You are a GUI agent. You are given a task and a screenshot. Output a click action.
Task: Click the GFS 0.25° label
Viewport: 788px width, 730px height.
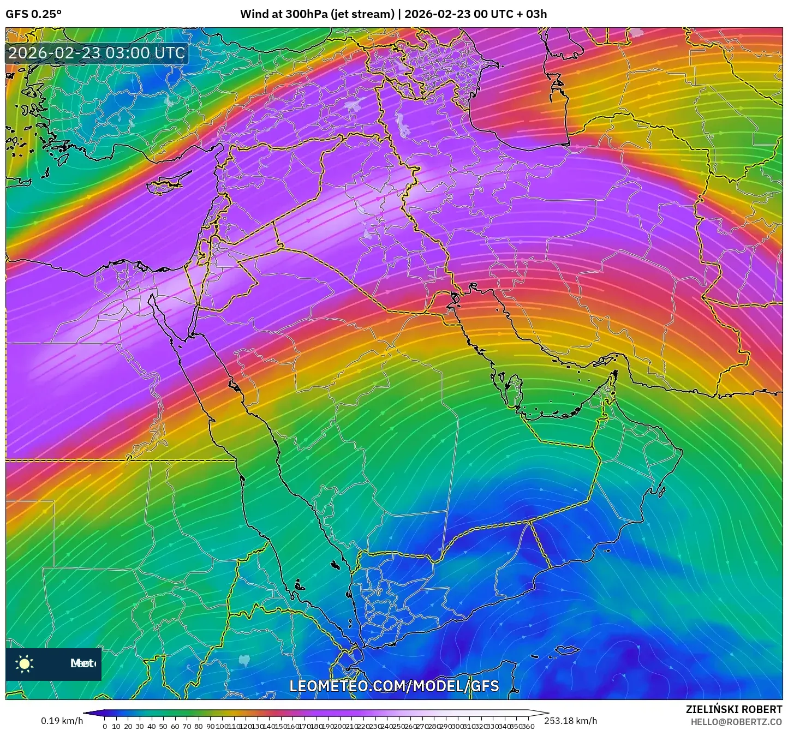tap(34, 14)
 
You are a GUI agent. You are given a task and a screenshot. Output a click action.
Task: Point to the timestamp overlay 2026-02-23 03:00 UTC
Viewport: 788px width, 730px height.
tap(97, 53)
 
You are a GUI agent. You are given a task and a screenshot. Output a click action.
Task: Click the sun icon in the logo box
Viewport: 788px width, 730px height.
tap(25, 663)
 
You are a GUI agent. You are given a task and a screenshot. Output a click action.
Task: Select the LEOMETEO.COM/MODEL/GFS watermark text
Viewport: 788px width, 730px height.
tap(394, 686)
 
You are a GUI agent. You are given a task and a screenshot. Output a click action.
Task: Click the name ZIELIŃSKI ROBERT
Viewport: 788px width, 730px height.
tap(734, 709)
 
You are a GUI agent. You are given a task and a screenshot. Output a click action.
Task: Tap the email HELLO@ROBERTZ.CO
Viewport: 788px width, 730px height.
tap(736, 722)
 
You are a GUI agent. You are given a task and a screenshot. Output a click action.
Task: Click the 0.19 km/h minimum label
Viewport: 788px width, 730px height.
tap(62, 721)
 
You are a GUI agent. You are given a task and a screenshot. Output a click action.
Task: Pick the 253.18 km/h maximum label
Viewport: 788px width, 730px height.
tap(571, 721)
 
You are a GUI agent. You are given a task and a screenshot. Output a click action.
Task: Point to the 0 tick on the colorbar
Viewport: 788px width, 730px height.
tap(105, 726)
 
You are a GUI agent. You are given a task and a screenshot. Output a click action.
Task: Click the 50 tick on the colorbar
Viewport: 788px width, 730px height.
tap(163, 726)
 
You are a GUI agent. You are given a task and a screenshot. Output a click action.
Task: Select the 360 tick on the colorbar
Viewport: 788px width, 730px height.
tap(528, 726)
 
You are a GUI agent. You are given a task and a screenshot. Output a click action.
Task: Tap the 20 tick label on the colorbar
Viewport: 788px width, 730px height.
tap(128, 726)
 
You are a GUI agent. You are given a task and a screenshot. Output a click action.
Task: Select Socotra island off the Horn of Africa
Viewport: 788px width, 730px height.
tap(568, 650)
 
